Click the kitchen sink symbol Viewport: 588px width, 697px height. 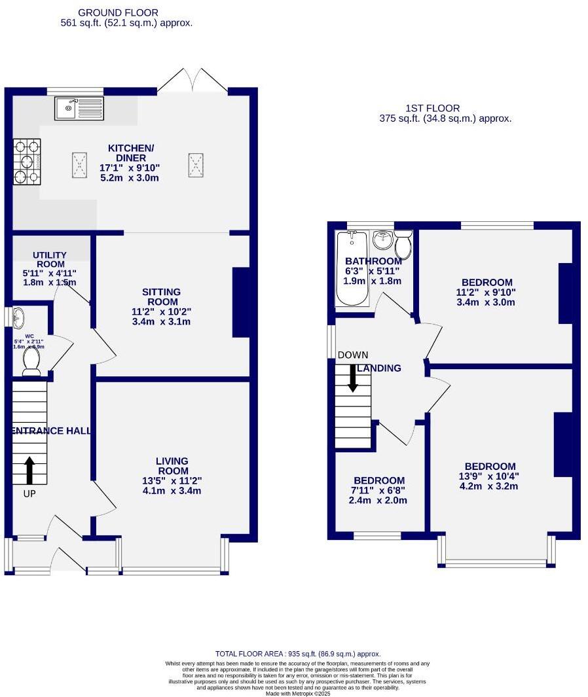79,108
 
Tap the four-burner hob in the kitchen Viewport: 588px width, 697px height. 26,162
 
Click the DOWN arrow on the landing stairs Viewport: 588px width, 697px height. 353,378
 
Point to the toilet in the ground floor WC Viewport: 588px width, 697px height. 31,361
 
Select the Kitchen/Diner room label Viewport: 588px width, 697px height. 131,153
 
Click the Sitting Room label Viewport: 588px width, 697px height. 161,296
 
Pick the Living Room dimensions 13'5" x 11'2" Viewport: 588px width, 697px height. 172,481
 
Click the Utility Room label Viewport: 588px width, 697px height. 50,259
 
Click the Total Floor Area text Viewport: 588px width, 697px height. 298,654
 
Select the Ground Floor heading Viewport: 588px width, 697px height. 118,12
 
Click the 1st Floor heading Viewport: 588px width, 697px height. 433,108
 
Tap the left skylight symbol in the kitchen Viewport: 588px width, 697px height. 79,164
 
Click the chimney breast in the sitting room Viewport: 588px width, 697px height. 241,302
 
